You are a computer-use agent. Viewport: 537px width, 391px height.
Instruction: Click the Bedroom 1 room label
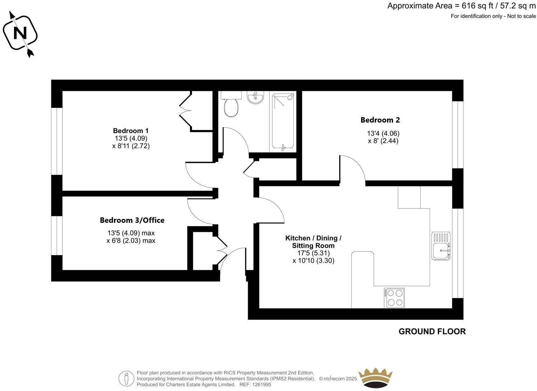click(131, 130)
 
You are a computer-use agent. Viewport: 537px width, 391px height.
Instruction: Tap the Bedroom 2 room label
click(380, 120)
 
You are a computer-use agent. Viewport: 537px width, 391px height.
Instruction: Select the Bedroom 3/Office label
click(132, 220)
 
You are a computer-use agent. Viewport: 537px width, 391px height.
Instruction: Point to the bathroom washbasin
click(255, 97)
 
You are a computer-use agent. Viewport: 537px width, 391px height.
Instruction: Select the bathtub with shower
click(284, 121)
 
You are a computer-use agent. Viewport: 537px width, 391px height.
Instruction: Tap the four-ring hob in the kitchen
click(394, 298)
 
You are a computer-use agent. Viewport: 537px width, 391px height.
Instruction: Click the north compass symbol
click(20, 33)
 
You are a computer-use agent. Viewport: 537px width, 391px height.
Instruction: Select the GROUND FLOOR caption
click(432, 331)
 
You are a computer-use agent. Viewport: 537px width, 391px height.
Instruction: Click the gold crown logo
click(376, 377)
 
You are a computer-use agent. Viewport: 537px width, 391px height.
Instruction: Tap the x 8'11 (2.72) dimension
click(131, 146)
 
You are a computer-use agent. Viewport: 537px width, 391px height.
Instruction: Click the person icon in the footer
click(126, 378)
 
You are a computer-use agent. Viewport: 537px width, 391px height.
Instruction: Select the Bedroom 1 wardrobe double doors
click(185, 111)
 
